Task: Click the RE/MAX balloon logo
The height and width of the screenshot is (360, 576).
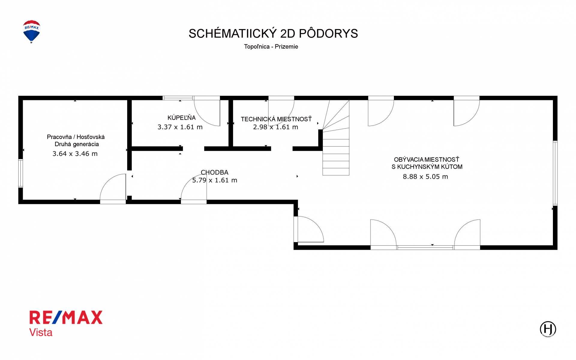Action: (x=31, y=32)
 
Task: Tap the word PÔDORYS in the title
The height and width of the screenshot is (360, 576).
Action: (x=328, y=33)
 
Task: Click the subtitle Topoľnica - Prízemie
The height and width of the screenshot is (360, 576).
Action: (x=271, y=47)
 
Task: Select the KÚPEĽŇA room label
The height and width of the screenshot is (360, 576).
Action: (x=181, y=117)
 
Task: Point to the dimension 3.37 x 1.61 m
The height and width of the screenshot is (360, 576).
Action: (x=180, y=127)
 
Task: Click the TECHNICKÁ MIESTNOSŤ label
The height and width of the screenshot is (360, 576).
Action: (x=276, y=119)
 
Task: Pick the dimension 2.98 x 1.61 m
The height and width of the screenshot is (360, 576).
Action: (x=275, y=127)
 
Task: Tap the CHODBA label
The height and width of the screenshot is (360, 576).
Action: (x=214, y=172)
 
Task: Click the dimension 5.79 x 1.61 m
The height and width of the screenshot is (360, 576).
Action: (x=214, y=180)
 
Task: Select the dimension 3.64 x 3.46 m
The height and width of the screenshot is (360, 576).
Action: (x=75, y=154)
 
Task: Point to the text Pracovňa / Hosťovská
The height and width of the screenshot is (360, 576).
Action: (x=76, y=137)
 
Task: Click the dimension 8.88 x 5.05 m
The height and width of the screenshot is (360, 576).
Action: (x=425, y=177)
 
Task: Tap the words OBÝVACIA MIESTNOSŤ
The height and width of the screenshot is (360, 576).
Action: (x=427, y=159)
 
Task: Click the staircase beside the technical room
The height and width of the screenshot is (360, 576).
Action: (x=336, y=138)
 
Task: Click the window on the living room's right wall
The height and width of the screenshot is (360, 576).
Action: (x=555, y=173)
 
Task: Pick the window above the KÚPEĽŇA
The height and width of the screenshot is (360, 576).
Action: (x=178, y=98)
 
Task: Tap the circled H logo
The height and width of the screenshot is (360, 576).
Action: (x=548, y=329)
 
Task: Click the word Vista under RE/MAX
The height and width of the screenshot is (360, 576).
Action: (x=41, y=332)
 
